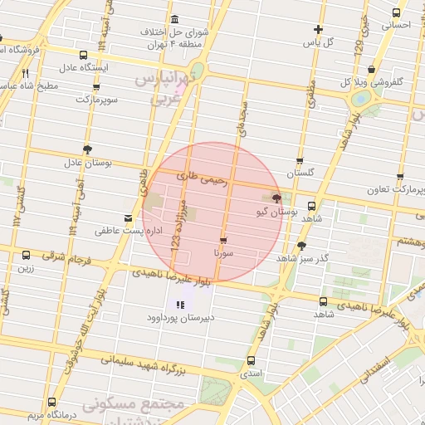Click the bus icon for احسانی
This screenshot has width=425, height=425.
(x=396, y=13)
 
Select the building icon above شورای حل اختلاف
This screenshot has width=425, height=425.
(x=173, y=19)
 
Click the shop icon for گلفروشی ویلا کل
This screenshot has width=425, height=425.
(x=371, y=71)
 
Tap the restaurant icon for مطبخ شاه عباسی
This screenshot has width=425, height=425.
(x=26, y=72)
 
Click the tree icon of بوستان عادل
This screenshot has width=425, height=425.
(x=87, y=150)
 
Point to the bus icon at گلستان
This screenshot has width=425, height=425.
(x=300, y=162)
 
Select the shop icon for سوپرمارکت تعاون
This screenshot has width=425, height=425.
(x=399, y=178)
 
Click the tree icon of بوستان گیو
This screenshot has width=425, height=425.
(x=276, y=198)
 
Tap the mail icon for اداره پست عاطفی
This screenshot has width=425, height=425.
(x=127, y=218)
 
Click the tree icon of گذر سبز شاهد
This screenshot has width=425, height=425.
(x=301, y=246)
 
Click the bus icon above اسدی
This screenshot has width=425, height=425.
(x=251, y=360)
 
